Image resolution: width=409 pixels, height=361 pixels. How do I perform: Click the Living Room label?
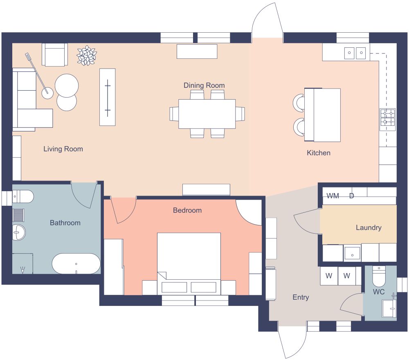[63, 149]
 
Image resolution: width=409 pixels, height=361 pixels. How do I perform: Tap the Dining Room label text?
[204, 85]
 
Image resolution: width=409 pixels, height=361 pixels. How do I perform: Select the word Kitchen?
[319, 153]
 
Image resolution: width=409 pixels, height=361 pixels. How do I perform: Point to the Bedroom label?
[187, 210]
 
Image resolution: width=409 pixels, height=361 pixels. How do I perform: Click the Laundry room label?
[368, 227]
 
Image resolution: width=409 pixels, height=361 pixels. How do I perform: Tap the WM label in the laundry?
[333, 196]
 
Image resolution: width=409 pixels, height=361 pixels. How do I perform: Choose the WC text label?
[379, 292]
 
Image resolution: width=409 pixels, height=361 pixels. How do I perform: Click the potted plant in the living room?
[87, 56]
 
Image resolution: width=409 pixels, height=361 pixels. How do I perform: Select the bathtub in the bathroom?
[76, 264]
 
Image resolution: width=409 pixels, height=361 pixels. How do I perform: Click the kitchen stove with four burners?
[387, 117]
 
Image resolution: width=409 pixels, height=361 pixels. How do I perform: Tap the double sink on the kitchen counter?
[355, 52]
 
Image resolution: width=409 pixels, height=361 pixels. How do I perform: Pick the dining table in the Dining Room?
[207, 114]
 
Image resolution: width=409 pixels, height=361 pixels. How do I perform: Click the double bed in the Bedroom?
[189, 261]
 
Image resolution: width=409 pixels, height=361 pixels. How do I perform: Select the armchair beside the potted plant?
[54, 55]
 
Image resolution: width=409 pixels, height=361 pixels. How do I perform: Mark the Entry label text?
[301, 297]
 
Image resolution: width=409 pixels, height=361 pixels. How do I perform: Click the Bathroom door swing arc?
[84, 196]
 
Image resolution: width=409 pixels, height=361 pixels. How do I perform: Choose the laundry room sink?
[352, 253]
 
